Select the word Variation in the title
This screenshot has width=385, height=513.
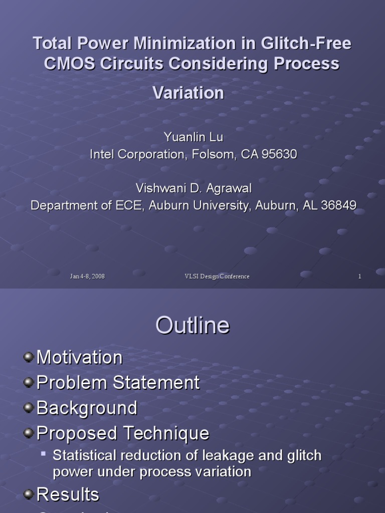coord(188,93)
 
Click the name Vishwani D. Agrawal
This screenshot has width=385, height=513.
coord(194,188)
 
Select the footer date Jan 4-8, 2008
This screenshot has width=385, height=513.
coord(87,277)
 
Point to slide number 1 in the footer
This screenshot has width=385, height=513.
coord(360,277)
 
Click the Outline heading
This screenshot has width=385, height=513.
coord(192,326)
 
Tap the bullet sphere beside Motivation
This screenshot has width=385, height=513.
coord(29,357)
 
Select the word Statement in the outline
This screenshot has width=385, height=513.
coord(156,383)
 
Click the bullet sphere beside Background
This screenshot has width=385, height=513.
coord(29,408)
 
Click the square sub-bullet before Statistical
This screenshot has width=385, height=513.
coord(44,454)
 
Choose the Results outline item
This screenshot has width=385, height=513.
coord(68,494)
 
